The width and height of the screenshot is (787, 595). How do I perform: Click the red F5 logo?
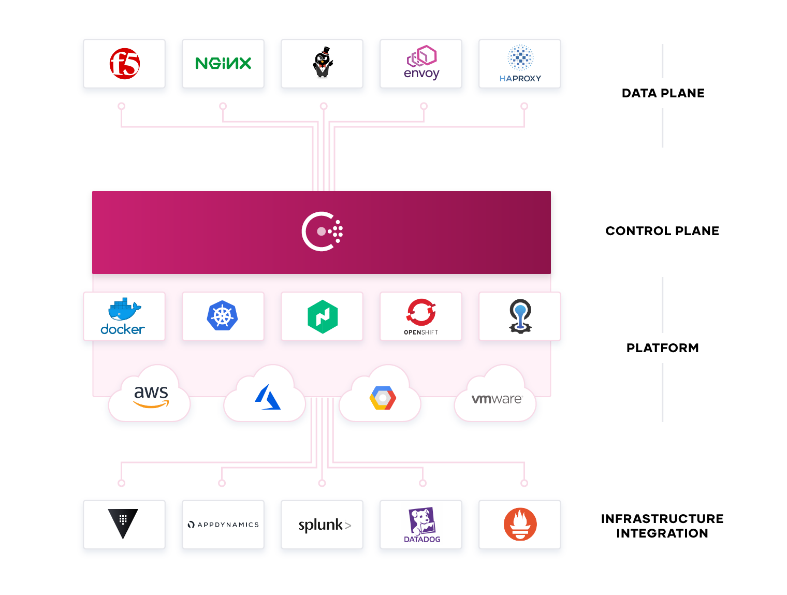tap(124, 64)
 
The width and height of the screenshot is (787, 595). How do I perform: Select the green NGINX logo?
tap(223, 64)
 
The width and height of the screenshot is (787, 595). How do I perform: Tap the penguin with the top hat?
tap(322, 62)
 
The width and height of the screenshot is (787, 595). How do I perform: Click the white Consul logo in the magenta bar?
tap(321, 231)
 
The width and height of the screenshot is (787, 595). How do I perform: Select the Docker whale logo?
tap(122, 315)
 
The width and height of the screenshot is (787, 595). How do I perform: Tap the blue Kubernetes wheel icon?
tap(222, 315)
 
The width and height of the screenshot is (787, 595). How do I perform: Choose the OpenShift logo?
tap(420, 316)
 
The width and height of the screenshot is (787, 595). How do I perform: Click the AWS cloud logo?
tap(151, 396)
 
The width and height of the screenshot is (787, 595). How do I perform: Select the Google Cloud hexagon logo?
tap(382, 398)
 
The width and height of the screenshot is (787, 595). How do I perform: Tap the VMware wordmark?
tap(497, 399)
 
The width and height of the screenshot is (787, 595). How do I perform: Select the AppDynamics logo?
tap(223, 525)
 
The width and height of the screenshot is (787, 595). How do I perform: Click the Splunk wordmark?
tap(324, 525)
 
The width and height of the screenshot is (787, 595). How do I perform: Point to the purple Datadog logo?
tap(421, 525)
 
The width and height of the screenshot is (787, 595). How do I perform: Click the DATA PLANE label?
tap(663, 93)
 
